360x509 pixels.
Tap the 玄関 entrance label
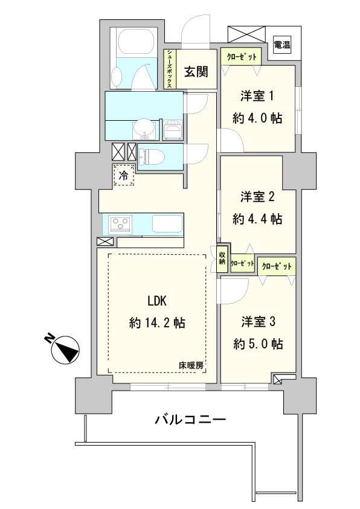pyautogui.click(x=196, y=72)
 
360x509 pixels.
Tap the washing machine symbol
pyautogui.click(x=173, y=129)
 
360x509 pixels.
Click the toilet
pyautogui.click(x=151, y=158)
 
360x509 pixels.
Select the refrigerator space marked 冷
pyautogui.click(x=123, y=176)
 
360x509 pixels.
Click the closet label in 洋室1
pyautogui.click(x=241, y=57)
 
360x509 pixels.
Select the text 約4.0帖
pyautogui.click(x=258, y=119)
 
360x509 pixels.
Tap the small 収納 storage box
pyautogui.click(x=222, y=258)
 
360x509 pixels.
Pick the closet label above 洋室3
pyautogui.click(x=277, y=266)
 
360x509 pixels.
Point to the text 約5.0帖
pyautogui.click(x=258, y=344)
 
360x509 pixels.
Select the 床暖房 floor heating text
pyautogui.click(x=190, y=365)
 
